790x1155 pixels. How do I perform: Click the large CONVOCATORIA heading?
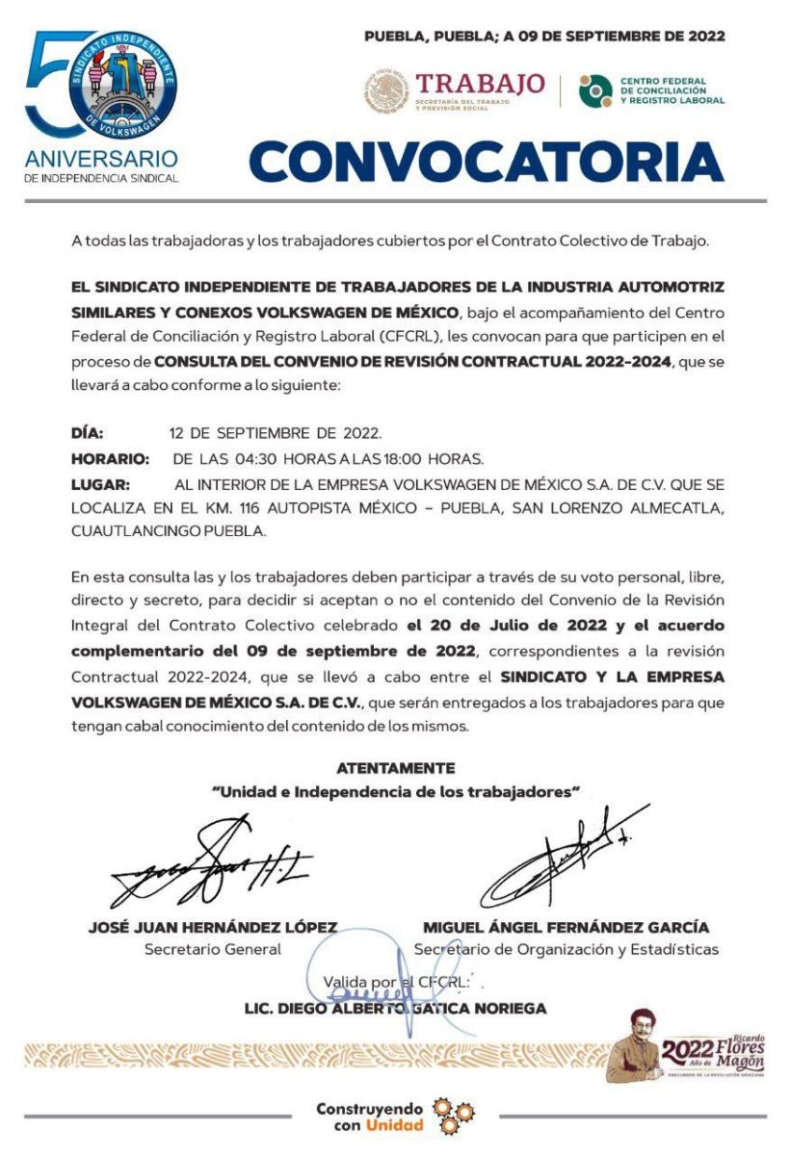click(487, 161)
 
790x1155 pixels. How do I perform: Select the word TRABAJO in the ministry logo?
click(480, 84)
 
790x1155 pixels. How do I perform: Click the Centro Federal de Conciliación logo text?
click(672, 90)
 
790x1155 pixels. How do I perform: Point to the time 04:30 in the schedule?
click(237, 458)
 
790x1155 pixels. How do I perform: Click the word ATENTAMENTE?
click(395, 768)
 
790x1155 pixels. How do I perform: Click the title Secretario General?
click(212, 949)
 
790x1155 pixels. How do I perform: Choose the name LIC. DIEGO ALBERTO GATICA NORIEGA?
click(395, 1009)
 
